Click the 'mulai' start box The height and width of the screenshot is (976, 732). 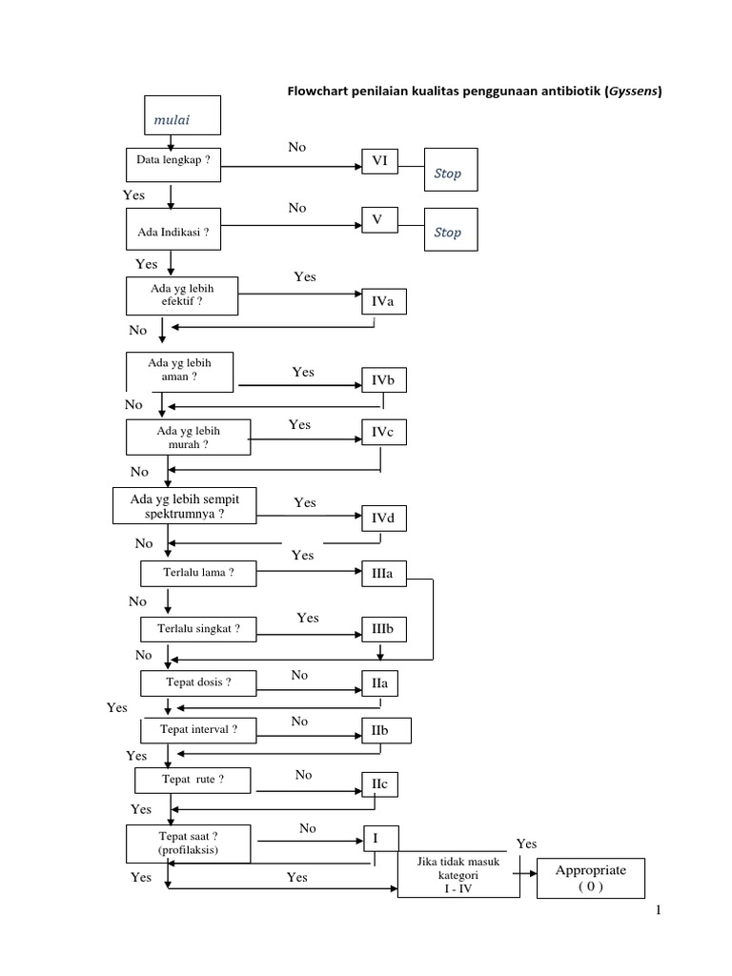pyautogui.click(x=182, y=115)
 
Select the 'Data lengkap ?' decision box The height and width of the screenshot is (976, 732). pyautogui.click(x=173, y=163)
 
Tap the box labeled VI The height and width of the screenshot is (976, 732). pyautogui.click(x=379, y=164)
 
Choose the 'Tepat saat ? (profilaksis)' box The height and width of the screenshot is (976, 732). pyautogui.click(x=189, y=842)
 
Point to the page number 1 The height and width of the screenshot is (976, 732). pyautogui.click(x=658, y=914)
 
